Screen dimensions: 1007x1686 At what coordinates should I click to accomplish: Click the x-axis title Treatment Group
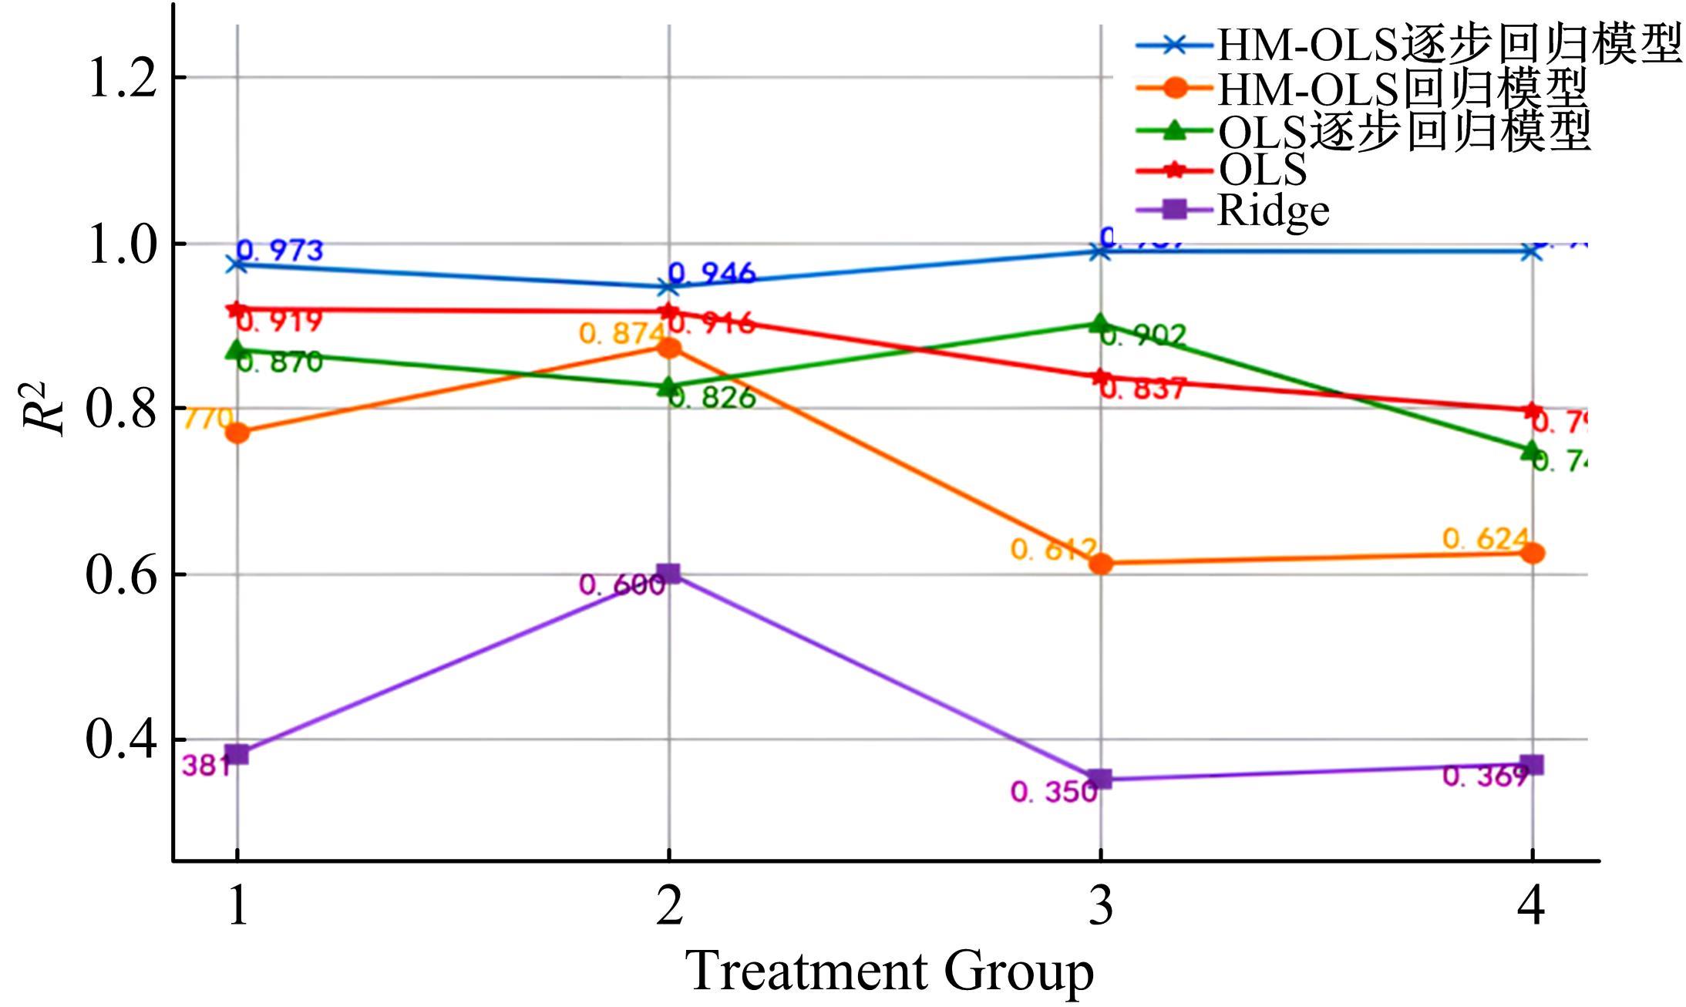click(889, 970)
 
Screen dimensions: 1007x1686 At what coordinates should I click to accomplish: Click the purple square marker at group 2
click(668, 573)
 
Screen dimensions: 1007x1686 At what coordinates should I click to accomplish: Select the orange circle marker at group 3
click(1101, 564)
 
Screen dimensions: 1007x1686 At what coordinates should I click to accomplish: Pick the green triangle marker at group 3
click(1100, 323)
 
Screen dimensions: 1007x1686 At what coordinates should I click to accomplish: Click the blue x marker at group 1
click(237, 264)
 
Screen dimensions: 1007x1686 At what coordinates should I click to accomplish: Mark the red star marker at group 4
click(1532, 410)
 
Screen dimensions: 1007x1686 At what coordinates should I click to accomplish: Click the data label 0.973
click(280, 250)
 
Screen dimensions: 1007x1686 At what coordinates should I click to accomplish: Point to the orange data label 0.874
click(621, 333)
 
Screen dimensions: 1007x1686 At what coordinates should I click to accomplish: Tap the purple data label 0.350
click(1053, 792)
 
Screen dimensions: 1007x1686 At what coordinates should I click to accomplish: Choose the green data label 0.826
click(712, 398)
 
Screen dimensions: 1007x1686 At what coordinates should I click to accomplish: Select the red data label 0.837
click(1143, 389)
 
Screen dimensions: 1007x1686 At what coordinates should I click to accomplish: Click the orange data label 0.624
click(1485, 538)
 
